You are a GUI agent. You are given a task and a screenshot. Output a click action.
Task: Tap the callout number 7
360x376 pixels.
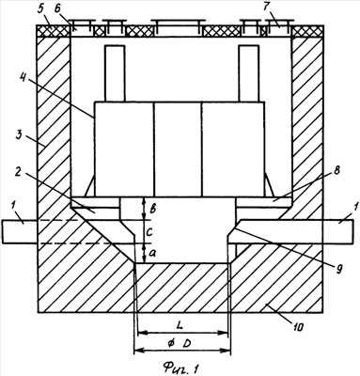pos(267,8)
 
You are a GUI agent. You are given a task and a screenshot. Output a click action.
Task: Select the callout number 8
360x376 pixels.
pos(337,171)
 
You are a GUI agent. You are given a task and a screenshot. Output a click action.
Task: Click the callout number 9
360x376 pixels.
pos(338,269)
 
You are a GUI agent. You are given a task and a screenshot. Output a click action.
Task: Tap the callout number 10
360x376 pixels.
pos(298,327)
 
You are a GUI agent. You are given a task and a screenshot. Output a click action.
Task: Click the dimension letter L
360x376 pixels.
pos(180,325)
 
